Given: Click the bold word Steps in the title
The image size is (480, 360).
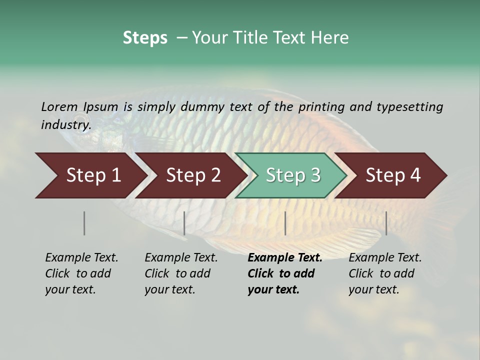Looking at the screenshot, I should (x=145, y=37).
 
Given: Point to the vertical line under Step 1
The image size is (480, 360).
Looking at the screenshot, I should (x=84, y=223).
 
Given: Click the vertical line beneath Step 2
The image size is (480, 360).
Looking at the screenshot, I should (x=184, y=223).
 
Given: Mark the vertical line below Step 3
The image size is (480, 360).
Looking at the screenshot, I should (x=285, y=223).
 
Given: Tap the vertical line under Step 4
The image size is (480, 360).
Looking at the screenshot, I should (x=386, y=223).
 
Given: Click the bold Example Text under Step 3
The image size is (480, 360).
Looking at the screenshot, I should (x=285, y=258).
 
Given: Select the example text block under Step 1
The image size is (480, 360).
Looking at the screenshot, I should (x=81, y=273).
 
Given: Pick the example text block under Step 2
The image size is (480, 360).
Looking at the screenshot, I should (x=181, y=273).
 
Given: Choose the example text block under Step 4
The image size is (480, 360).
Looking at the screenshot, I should (x=385, y=273).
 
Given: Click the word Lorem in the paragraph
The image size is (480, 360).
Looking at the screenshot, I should (x=59, y=106).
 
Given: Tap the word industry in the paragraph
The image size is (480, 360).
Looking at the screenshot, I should (x=65, y=124).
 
